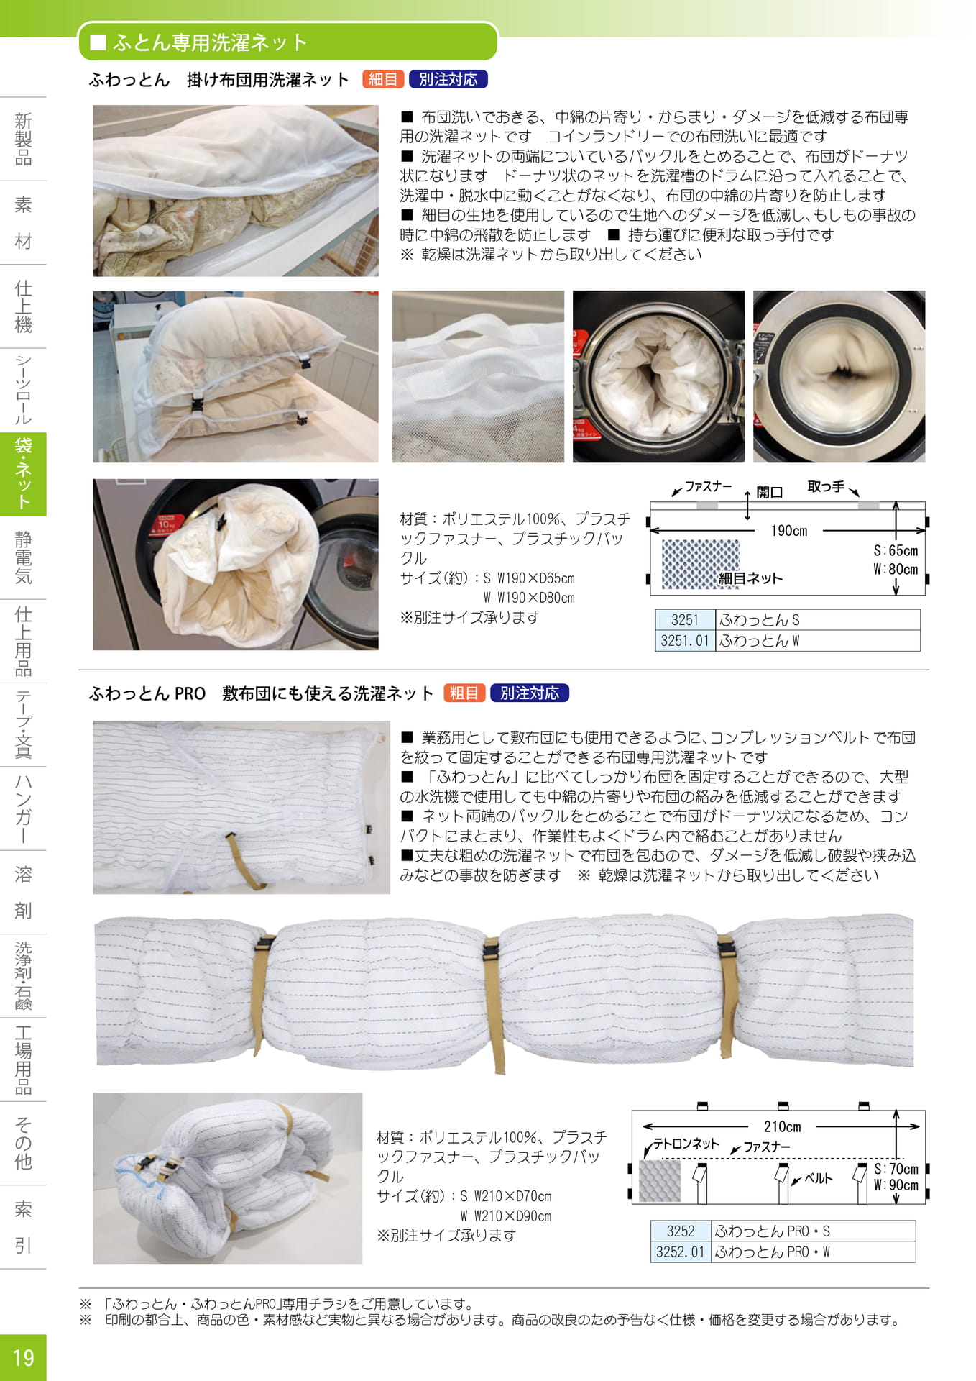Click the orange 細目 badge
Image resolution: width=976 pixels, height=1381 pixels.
(383, 79)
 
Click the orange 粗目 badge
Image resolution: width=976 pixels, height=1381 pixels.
(464, 693)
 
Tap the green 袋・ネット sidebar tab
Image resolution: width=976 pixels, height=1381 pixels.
(23, 474)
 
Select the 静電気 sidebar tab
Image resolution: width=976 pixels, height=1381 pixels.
(23, 557)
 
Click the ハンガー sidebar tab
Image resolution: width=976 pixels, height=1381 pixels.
(23, 808)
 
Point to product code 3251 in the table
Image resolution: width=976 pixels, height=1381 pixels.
(685, 620)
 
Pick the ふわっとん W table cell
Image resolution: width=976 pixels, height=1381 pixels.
(817, 641)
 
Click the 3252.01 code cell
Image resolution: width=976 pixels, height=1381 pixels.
(680, 1252)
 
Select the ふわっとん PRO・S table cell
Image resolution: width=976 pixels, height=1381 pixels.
(813, 1231)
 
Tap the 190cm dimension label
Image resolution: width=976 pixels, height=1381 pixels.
(788, 531)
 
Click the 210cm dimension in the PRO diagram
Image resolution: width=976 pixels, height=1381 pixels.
(782, 1126)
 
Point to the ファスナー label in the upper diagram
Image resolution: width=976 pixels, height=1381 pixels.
(708, 487)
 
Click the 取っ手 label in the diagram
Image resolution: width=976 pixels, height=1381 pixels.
(826, 486)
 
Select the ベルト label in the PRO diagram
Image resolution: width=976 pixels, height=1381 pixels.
(818, 1178)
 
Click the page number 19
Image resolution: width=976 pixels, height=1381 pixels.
(23, 1357)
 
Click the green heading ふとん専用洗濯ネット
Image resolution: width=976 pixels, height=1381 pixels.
(210, 42)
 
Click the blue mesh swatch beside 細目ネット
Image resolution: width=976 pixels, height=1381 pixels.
(699, 564)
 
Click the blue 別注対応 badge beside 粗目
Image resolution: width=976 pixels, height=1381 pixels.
(530, 693)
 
